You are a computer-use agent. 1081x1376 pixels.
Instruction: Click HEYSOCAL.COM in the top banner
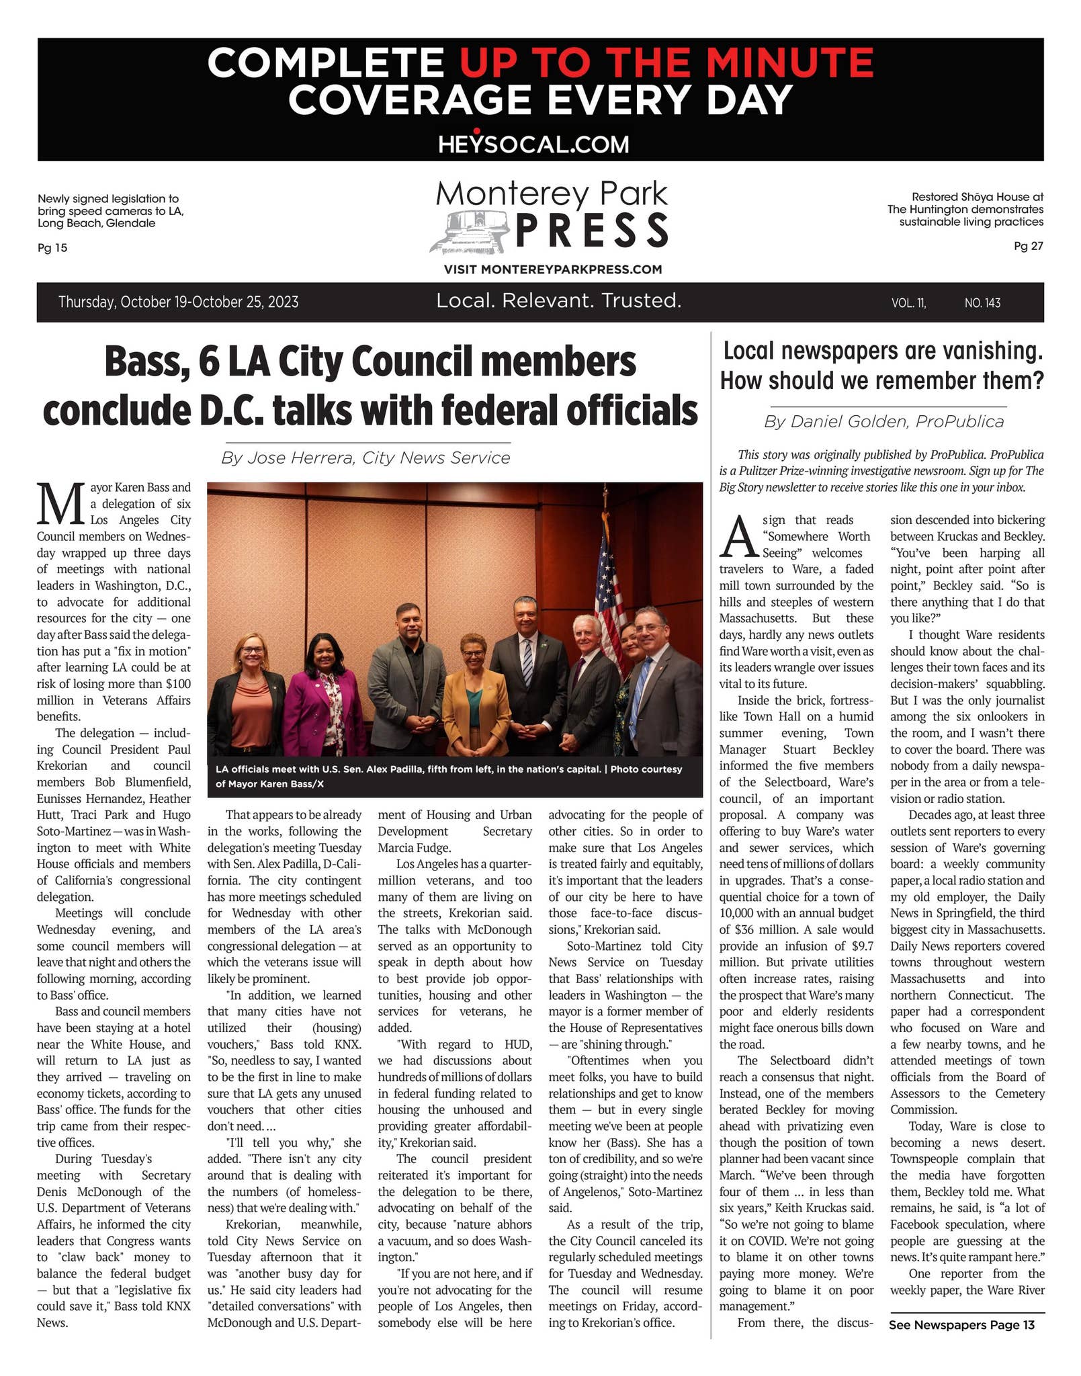[533, 144]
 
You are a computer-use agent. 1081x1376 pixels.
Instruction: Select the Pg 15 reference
[52, 248]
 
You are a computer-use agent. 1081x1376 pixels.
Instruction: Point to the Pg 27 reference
[1028, 247]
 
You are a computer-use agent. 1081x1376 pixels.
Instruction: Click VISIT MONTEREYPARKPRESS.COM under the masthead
[552, 270]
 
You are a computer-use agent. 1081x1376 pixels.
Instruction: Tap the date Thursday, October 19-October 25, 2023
[178, 302]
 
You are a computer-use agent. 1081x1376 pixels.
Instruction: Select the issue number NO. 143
[982, 303]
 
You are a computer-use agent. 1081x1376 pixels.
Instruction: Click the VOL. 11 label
[908, 303]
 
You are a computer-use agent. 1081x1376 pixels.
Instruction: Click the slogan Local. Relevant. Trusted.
[559, 301]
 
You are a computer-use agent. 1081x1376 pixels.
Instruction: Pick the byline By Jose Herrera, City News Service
[365, 458]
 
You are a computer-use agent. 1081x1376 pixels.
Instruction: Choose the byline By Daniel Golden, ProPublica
[883, 422]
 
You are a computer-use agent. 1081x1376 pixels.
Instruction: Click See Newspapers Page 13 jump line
[961, 1325]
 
